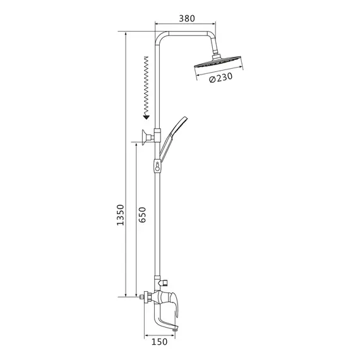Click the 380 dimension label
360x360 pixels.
tap(187, 18)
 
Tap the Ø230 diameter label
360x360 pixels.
tap(220, 78)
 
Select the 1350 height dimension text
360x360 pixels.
tap(120, 215)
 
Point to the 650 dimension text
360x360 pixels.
tap(142, 215)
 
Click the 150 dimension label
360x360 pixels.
tap(159, 342)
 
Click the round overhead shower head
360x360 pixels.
tap(218, 62)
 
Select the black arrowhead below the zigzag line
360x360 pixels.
tap(147, 117)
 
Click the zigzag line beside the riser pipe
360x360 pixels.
tap(146, 85)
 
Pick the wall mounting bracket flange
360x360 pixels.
tap(145, 137)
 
